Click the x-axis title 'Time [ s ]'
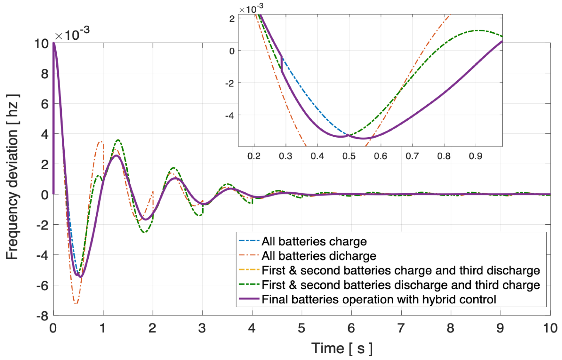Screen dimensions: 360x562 pos(341,348)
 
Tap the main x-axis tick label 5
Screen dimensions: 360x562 pos(301,328)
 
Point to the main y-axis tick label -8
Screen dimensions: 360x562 pos(42,316)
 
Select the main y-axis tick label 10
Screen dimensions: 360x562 pos(41,44)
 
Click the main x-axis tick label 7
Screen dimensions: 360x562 pos(401,328)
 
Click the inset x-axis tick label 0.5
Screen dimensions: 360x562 pos(349,156)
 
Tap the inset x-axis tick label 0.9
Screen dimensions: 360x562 pos(475,156)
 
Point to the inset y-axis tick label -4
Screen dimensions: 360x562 pos(229,116)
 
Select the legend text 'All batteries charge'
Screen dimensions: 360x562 pos(314,241)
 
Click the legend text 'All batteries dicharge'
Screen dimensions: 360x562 pos(319,256)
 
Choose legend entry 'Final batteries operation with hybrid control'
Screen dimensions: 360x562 pos(379,300)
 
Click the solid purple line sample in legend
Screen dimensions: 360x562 pos(249,299)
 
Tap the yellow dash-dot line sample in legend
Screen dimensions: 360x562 pos(249,270)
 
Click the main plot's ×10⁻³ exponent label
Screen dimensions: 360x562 pos(72,34)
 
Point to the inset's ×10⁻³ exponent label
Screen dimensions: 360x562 pos(251,9)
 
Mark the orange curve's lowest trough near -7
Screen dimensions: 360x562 pos(76,303)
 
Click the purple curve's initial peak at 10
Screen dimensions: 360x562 pos(54,44)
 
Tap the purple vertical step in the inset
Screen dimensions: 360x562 pos(282,63)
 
